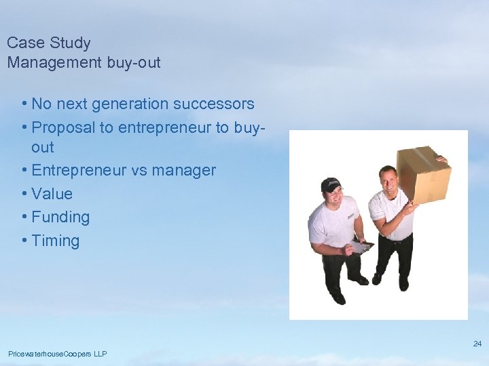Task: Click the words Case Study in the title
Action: pos(48,43)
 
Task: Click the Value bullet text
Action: pos(52,194)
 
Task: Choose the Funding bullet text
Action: pos(60,218)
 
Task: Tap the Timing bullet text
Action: pos(55,241)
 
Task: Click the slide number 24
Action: pos(477,344)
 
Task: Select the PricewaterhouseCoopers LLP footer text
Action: pos(58,354)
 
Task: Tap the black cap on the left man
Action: pos(331,184)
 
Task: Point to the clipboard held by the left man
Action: pos(360,246)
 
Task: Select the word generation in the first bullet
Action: pos(132,104)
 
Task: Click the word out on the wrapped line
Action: pos(42,148)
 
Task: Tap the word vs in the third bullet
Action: pos(139,170)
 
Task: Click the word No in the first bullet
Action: pos(41,104)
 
